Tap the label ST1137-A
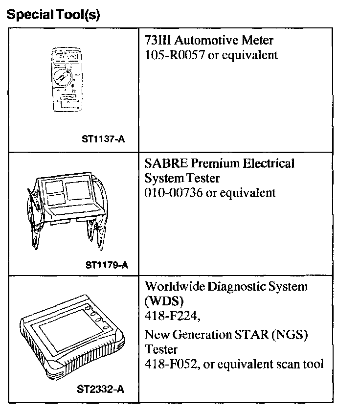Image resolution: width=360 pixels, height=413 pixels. (103, 138)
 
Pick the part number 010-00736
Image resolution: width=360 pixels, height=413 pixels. (174, 192)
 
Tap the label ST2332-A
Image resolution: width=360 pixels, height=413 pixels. (100, 390)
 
